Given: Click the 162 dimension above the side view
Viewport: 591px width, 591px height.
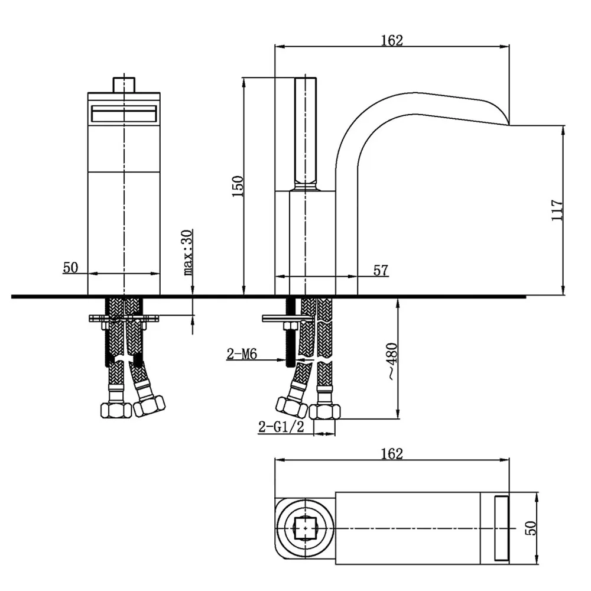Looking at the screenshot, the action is [392, 40].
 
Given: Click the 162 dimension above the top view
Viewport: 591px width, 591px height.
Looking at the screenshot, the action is [392, 453].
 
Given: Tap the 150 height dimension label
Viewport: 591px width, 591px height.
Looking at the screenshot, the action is [238, 186].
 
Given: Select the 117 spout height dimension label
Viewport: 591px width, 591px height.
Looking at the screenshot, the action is [557, 210].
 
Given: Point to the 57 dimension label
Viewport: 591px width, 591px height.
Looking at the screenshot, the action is [380, 270].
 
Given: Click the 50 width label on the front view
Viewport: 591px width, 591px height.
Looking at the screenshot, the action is [70, 267].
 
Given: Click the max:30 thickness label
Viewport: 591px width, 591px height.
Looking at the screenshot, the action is [188, 252].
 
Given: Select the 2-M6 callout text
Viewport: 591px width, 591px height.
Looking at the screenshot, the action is [242, 354].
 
